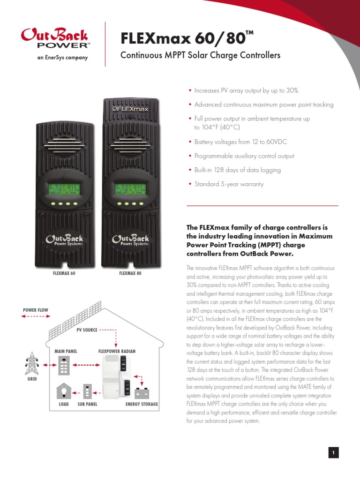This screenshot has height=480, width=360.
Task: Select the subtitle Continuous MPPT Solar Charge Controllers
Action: [x=200, y=55]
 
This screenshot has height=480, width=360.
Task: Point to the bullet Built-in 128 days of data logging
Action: [x=238, y=170]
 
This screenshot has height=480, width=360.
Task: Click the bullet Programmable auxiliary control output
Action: [x=244, y=156]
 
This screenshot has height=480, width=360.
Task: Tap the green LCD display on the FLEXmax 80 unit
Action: [x=131, y=189]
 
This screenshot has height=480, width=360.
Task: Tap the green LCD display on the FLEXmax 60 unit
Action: [x=64, y=189]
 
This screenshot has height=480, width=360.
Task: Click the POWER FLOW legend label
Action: [x=36, y=310]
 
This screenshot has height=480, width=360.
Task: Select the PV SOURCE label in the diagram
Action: [x=87, y=330]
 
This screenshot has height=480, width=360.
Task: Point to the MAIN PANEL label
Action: [x=66, y=351]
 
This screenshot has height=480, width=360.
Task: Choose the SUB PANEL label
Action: [x=87, y=404]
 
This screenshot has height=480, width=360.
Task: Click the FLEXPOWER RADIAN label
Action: [x=117, y=351]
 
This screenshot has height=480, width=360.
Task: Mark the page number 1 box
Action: [x=333, y=452]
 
